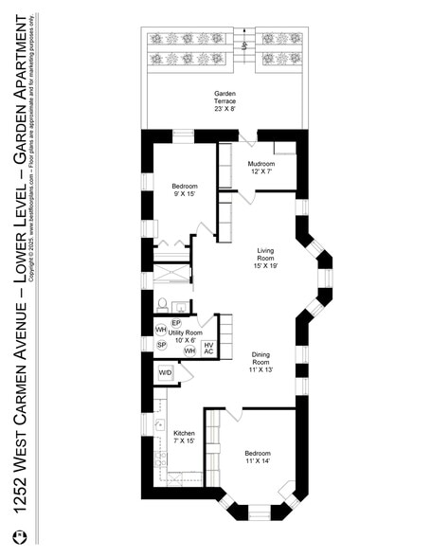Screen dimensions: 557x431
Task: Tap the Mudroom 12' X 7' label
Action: (260, 168)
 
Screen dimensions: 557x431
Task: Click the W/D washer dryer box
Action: (165, 373)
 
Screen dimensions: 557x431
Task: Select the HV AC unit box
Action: (209, 349)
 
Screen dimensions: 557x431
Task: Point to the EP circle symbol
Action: (176, 323)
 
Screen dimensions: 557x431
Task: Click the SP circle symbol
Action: (161, 345)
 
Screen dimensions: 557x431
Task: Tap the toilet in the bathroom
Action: (162, 305)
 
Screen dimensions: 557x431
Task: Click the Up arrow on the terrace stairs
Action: (243, 45)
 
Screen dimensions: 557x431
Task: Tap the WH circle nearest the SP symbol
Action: (161, 330)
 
